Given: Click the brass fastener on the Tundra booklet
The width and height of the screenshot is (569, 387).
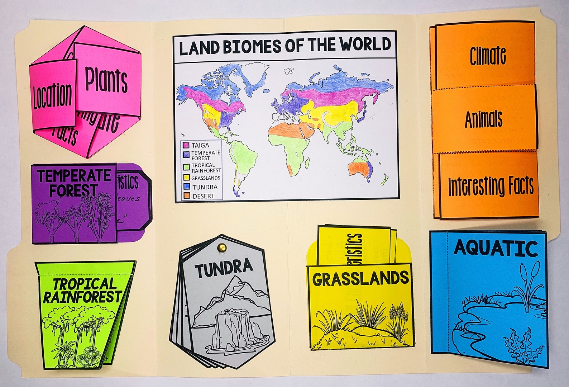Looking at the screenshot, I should coord(221,247).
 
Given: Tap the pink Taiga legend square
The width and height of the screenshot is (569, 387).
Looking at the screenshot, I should coord(186,146).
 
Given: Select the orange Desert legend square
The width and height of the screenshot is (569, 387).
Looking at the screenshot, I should coord(186,196).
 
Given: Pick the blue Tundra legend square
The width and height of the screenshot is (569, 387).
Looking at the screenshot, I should coord(186,187).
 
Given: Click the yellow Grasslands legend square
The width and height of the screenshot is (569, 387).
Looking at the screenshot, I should coord(186,178).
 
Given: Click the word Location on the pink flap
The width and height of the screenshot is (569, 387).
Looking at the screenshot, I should coord(52,96).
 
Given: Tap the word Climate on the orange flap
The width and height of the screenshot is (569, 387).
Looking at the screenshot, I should coord(488,56).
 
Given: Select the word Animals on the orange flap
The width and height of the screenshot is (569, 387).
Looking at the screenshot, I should coord(484,119).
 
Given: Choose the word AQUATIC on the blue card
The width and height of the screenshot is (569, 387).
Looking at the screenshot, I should coord(496,248).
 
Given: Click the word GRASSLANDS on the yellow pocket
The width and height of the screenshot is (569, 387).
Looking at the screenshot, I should coord(360,279).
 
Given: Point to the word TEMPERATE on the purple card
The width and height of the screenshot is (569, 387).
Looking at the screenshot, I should coord(74,176).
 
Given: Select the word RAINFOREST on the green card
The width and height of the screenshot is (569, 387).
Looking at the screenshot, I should coord(82,297).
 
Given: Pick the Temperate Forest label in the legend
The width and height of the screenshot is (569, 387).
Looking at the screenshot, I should coord(206,155).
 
